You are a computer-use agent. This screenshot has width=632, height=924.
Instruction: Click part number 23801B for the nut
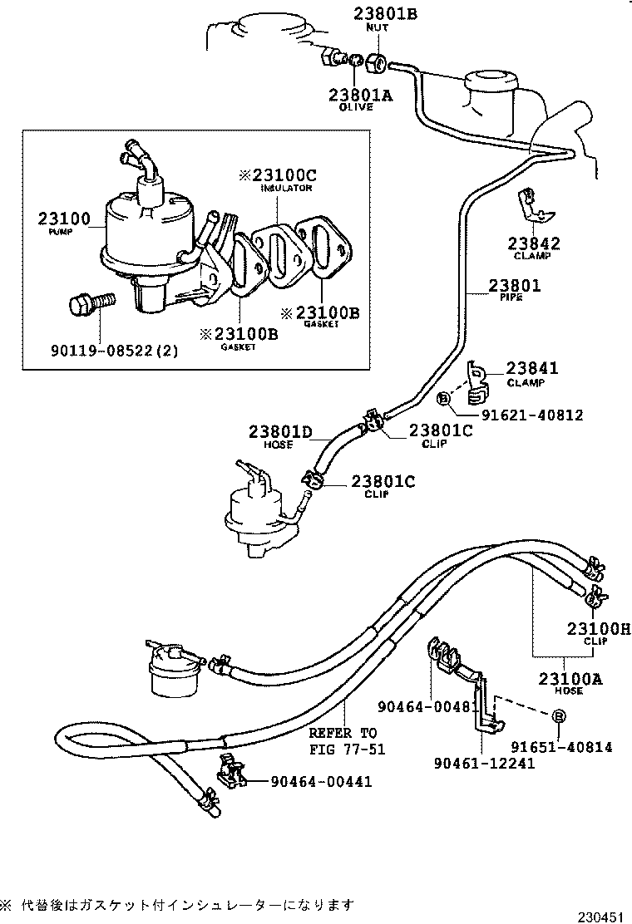[x=371, y=13]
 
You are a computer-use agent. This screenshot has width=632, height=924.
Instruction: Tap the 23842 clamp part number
[x=534, y=243]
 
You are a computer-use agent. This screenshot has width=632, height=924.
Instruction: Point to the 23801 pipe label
[x=514, y=285]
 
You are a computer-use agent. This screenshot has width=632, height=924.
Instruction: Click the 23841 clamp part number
[x=532, y=368]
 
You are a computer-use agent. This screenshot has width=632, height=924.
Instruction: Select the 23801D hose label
[x=279, y=431]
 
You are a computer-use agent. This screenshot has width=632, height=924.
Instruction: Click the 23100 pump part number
[x=63, y=219]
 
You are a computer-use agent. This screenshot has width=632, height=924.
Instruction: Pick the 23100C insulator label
[x=279, y=175]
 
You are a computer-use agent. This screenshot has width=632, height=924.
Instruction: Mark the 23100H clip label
[x=598, y=628]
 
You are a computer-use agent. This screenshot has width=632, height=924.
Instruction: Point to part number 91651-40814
[x=561, y=747]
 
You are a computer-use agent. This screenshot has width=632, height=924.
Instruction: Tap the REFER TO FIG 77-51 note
[x=343, y=741]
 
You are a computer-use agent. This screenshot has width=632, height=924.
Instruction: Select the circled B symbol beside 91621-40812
[x=443, y=400]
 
